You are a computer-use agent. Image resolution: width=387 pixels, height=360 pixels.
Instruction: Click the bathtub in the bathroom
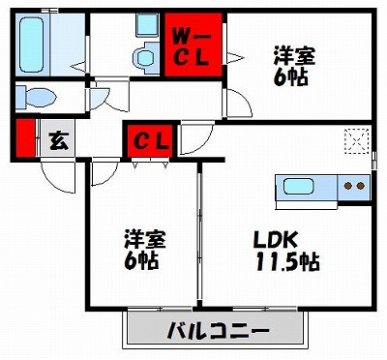pyautogui.click(x=33, y=43)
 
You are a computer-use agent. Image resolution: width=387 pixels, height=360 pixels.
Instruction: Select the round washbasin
pyautogui.click(x=145, y=56)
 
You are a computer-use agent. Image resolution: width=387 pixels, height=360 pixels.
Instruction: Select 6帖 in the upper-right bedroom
pyautogui.click(x=291, y=77)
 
